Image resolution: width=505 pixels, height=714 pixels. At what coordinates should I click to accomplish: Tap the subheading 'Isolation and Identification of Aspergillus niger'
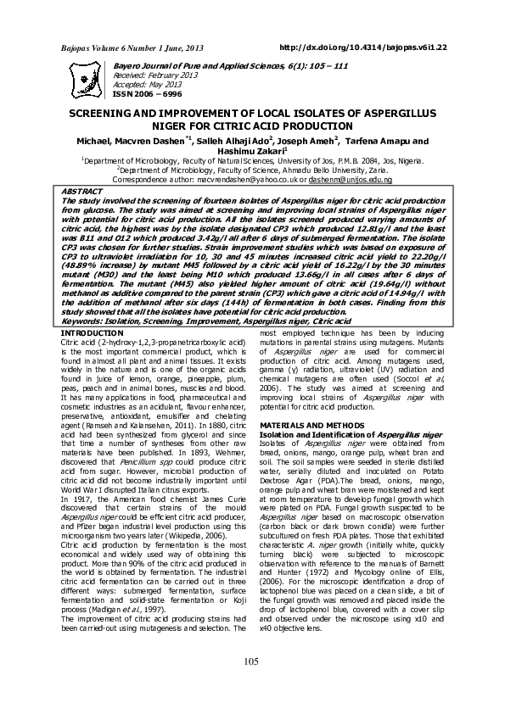(351, 434)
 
